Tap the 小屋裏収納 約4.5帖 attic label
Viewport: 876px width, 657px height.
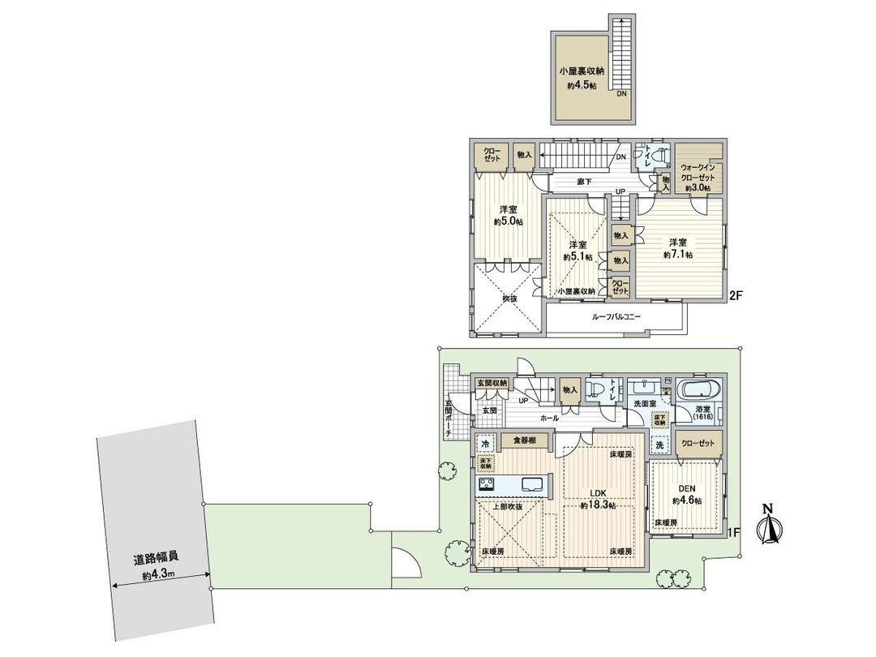[x=581, y=77]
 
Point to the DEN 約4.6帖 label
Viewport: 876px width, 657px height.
[x=686, y=495]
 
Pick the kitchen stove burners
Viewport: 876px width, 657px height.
[x=487, y=484]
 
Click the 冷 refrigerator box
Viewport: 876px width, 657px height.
[x=485, y=444]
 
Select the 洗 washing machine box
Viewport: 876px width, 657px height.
[x=659, y=444]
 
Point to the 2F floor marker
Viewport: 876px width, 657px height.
[x=736, y=296]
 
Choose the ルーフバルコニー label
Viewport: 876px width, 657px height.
[x=616, y=317]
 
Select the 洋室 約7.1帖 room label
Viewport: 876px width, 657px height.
[x=678, y=248]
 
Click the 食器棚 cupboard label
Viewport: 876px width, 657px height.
[x=523, y=440]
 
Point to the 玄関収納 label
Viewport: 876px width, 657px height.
[x=492, y=383]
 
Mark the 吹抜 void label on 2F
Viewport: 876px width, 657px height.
[x=509, y=298]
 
